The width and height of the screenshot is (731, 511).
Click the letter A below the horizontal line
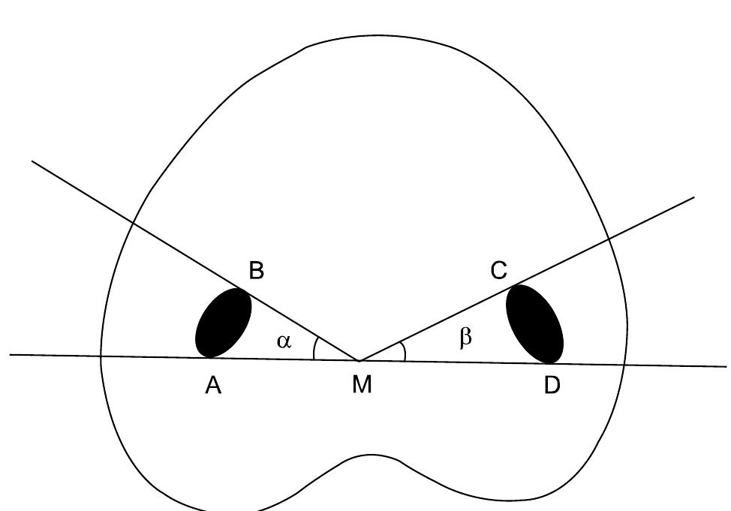[213, 386]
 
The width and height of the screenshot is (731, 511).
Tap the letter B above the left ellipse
[256, 271]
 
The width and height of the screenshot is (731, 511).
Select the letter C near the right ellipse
[499, 271]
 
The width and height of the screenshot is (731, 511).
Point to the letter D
[552, 386]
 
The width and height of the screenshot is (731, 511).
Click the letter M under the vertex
[362, 386]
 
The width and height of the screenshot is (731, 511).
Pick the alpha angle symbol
[283, 341]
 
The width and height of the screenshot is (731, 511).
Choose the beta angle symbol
[465, 338]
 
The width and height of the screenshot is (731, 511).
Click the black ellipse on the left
[223, 323]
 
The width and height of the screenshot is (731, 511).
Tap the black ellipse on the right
[534, 324]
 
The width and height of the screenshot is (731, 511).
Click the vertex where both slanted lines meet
[359, 360]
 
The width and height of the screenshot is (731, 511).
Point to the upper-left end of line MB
[32, 161]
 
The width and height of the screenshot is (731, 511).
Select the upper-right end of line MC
[694, 197]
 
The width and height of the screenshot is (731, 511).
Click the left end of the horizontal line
[11, 354]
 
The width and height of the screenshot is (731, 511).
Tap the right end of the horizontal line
[726, 367]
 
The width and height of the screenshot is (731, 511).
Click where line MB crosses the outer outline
[133, 221]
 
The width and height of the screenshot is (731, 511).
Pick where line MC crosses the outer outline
[608, 239]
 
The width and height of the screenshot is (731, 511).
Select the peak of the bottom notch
[371, 455]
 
